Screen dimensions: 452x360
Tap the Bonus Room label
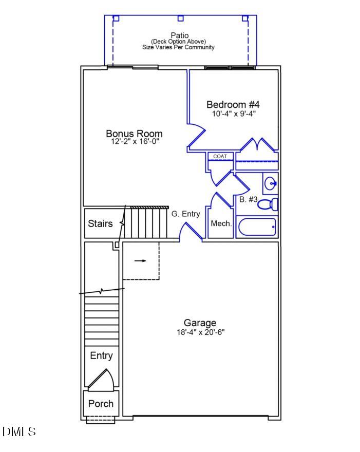[x=134, y=134]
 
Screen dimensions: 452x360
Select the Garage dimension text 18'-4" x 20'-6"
[x=200, y=332]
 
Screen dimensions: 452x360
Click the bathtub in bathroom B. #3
[x=256, y=227]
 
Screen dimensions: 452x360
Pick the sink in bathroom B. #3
[x=271, y=183]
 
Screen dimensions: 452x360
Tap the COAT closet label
[x=220, y=156]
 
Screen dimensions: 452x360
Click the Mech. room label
[x=221, y=223]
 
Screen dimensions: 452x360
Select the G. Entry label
[x=185, y=214]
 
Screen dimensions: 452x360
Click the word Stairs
[x=100, y=223]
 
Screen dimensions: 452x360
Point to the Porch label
[x=101, y=404]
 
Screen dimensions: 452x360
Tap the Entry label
[x=101, y=355]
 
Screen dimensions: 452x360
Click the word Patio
[x=179, y=35]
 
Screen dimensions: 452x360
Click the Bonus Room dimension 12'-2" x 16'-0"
[x=135, y=141]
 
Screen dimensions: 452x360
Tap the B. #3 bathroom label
[x=249, y=199]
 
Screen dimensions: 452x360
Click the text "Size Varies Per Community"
[x=178, y=47]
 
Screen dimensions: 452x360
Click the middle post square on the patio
[x=180, y=18]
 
